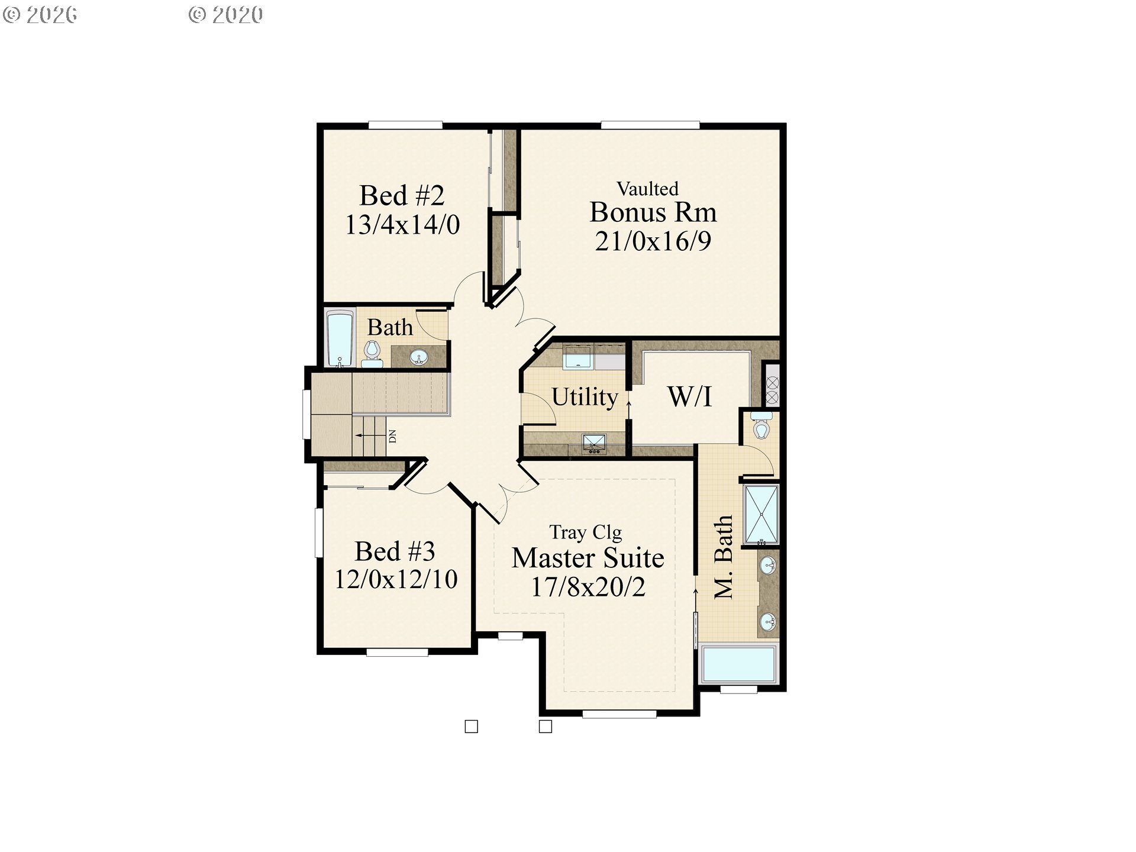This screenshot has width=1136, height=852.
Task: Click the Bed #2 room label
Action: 402,196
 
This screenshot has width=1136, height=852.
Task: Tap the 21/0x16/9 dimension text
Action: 653,241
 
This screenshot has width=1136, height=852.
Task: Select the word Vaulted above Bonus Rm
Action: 647,189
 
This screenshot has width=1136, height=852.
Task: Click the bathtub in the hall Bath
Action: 340,338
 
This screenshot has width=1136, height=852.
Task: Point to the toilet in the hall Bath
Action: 372,353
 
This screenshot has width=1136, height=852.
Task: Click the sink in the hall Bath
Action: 419,357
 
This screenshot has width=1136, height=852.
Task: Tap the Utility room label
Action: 585,397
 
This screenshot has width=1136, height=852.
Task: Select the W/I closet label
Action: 689,397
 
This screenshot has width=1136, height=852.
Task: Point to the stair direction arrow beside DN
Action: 370,435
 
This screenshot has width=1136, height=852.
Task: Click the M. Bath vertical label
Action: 724,557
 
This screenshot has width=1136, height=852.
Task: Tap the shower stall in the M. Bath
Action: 761,514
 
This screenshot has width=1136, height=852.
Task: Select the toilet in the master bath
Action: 761,427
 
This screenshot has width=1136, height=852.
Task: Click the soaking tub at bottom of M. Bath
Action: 738,664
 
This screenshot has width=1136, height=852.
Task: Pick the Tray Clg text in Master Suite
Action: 585,532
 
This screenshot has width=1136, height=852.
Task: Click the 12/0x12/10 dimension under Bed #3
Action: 396,580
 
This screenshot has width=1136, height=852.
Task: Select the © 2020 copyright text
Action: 225,15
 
